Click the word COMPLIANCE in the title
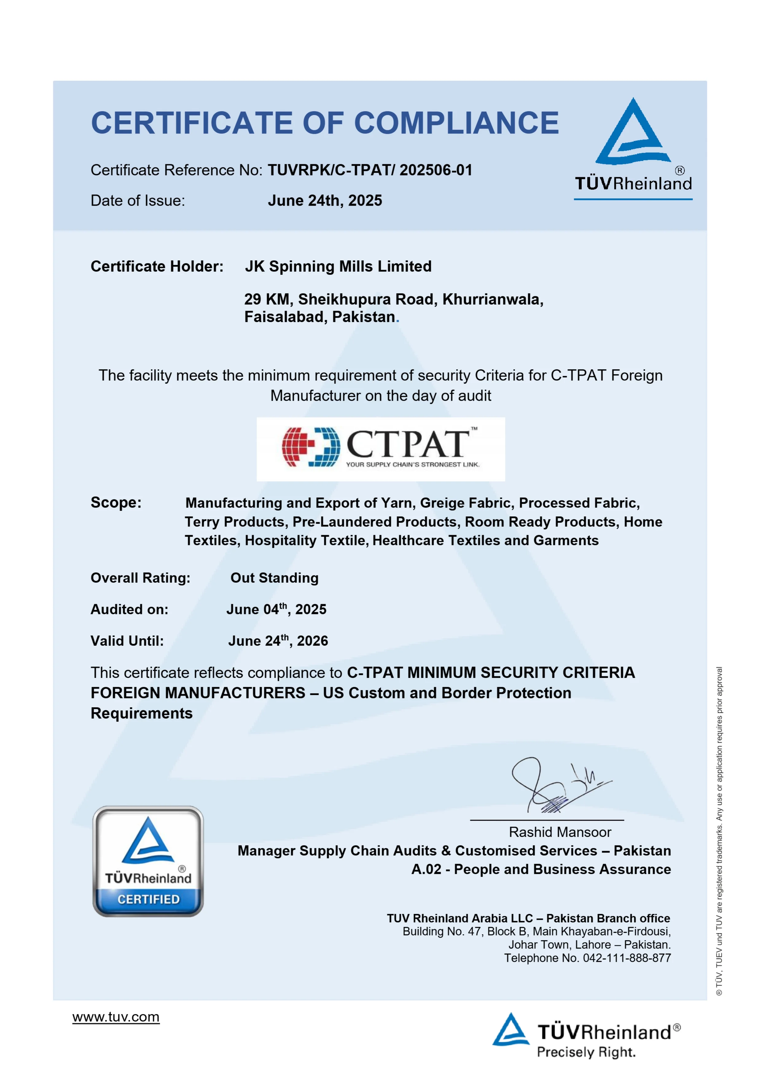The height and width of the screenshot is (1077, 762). click(x=456, y=123)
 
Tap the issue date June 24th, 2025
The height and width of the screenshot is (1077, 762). click(x=325, y=201)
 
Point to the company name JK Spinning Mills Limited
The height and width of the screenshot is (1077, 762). click(x=338, y=266)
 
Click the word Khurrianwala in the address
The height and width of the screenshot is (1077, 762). click(x=492, y=299)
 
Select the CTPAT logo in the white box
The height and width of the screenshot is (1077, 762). click(x=381, y=449)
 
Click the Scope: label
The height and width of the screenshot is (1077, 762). click(x=116, y=502)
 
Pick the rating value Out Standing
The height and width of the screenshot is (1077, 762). click(x=274, y=578)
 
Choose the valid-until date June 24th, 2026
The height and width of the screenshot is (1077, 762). click(x=278, y=641)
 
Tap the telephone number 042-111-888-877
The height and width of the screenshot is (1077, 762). click(x=627, y=958)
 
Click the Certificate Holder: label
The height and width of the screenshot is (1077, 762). click(x=157, y=266)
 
